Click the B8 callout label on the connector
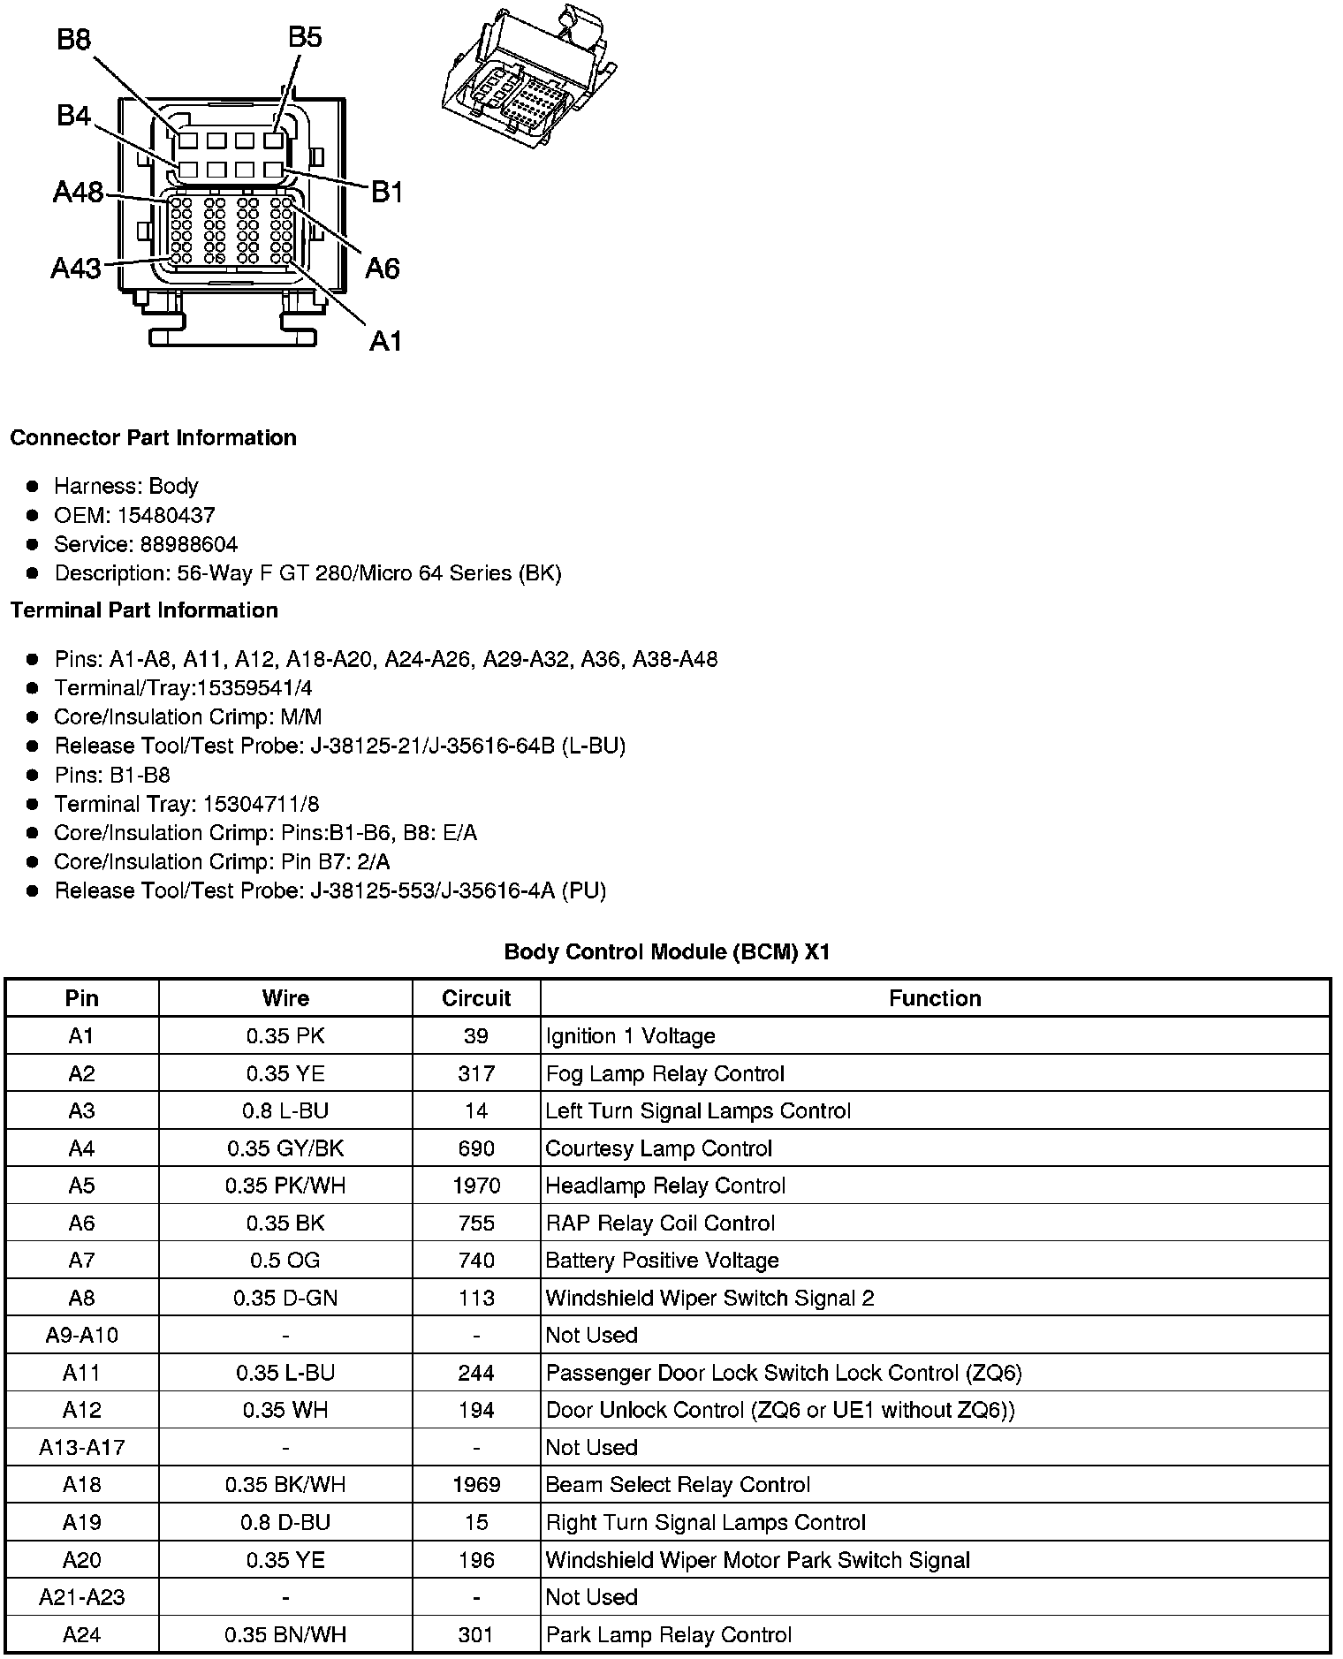coord(74,40)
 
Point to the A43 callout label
coord(76,267)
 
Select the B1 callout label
coord(386,191)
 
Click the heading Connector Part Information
coord(153,438)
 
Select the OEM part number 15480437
coord(166,515)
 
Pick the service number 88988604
coord(188,544)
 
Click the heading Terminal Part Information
coord(144,610)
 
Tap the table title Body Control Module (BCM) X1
coord(667,952)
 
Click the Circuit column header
coord(476,998)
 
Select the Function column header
coord(935,998)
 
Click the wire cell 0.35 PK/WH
coord(285,1186)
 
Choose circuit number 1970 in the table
coord(476,1186)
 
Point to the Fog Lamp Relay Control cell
coord(664,1073)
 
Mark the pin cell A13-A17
coord(81,1447)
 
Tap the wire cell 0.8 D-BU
coord(285,1522)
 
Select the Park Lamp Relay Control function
coord(668,1634)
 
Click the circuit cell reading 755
coord(476,1223)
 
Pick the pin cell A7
coord(81,1261)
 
